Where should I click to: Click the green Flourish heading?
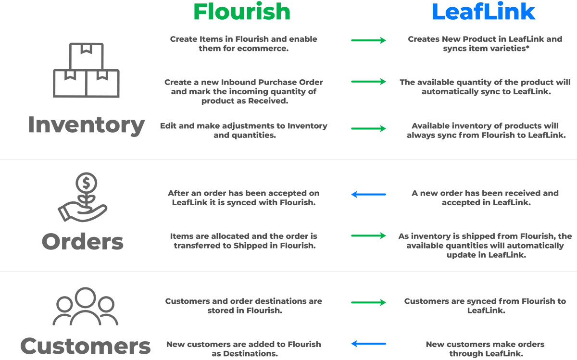242,12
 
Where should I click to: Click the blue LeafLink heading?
484,12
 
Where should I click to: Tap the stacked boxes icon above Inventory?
87,70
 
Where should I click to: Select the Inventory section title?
86,125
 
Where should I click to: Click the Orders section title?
83,242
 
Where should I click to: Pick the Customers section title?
86,346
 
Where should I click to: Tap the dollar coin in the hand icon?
86,183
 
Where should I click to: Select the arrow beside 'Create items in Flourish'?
368,40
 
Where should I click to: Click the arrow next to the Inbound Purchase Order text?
368,82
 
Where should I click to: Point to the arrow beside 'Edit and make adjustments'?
368,128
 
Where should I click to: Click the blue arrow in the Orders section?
368,195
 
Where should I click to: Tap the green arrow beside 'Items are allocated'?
368,236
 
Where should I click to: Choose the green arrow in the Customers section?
368,302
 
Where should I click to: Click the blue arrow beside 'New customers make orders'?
368,344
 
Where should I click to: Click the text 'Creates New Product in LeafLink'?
485,39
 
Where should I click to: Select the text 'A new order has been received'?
485,193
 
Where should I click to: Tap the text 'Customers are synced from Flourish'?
485,301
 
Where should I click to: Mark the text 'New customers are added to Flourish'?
243,344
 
